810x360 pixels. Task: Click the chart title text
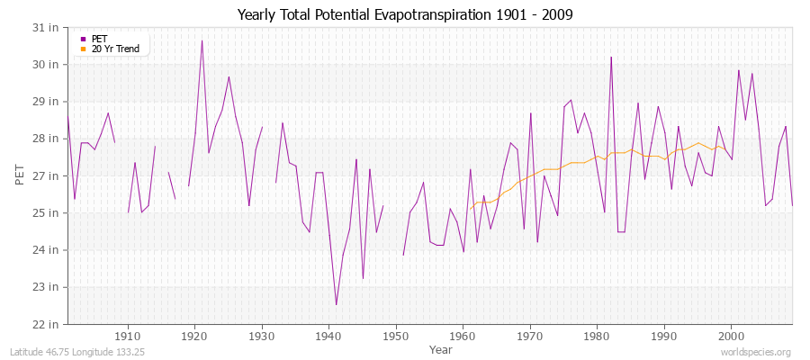coord(405,15)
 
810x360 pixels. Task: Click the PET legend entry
coord(99,39)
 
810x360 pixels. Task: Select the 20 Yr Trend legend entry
coord(115,49)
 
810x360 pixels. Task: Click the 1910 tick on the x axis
coord(128,336)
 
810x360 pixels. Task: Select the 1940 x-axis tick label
coord(329,336)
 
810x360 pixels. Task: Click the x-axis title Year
coord(441,349)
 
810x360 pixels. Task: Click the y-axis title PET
coord(20,175)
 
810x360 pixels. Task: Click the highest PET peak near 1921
coord(202,40)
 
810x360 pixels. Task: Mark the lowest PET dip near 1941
coord(336,304)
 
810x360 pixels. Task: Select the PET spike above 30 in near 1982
coord(611,58)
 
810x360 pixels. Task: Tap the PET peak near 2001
coord(738,70)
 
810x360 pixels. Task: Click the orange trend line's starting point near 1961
coord(470,209)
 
